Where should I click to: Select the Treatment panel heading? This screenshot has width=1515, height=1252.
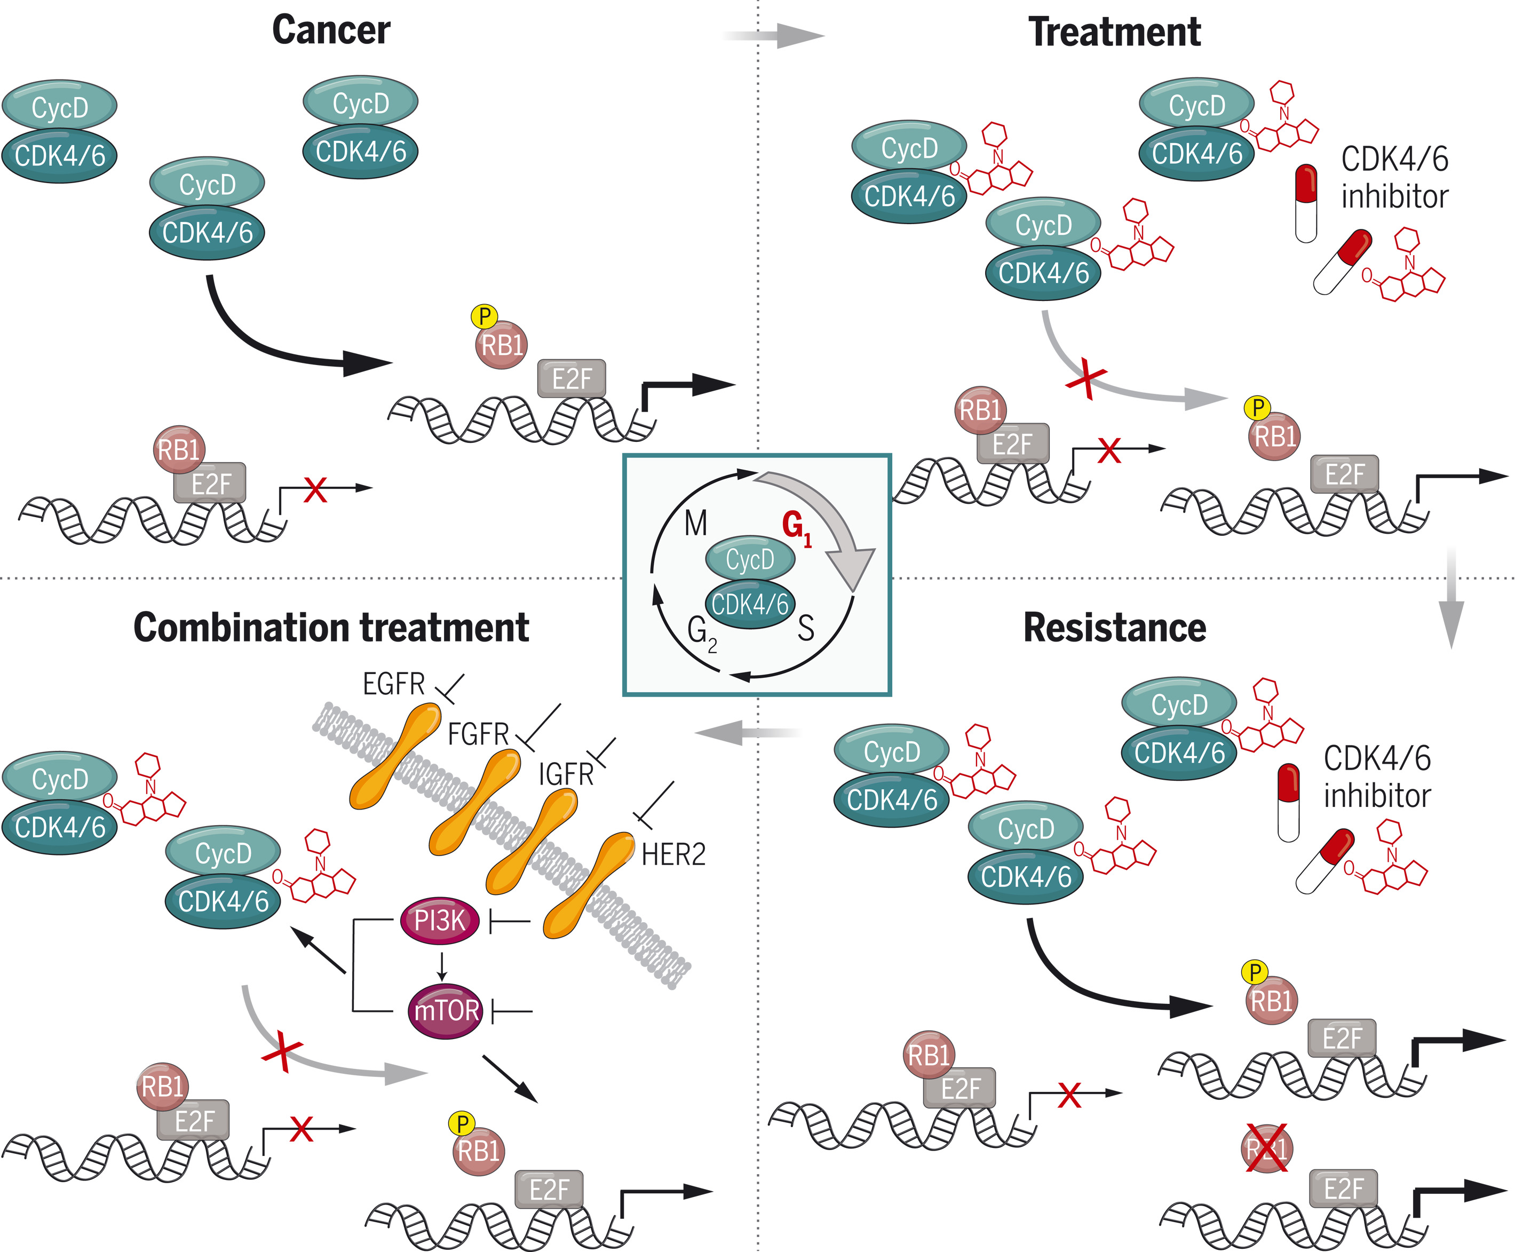[x=1114, y=33]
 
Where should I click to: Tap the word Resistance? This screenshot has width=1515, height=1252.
[x=1114, y=628]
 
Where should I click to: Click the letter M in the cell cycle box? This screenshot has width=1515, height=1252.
[x=696, y=524]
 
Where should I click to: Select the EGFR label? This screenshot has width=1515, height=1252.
[x=394, y=684]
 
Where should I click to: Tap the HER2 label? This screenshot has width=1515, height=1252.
[x=673, y=854]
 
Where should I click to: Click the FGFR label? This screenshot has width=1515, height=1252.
[x=478, y=735]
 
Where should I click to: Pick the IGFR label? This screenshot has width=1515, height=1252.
[x=566, y=774]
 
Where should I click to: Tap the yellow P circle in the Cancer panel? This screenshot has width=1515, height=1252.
[x=485, y=316]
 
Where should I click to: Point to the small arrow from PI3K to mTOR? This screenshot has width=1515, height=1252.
[x=443, y=966]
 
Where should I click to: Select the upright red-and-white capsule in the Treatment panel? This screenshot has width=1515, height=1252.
[x=1306, y=203]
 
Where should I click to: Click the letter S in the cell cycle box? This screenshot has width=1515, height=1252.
[x=806, y=628]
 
